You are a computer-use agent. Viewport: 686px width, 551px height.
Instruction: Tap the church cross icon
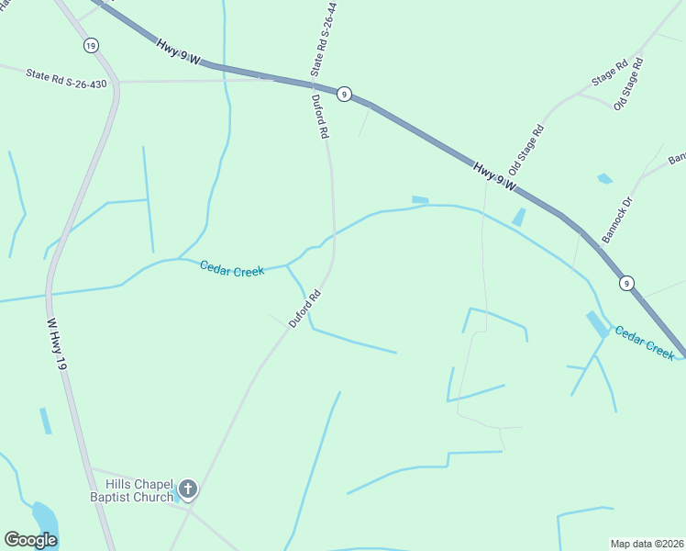pyautogui.click(x=188, y=489)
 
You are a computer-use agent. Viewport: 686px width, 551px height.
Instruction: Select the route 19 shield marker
pyautogui.click(x=90, y=45)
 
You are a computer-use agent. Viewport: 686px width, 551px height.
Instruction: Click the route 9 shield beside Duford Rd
pyautogui.click(x=343, y=94)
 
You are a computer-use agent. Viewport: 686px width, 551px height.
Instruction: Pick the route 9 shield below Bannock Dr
pyautogui.click(x=625, y=284)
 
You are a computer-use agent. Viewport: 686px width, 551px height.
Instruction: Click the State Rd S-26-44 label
pyautogui.click(x=324, y=38)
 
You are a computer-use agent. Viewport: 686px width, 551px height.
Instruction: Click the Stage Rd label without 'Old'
pyautogui.click(x=610, y=73)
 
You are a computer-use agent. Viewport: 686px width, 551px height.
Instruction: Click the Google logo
pyautogui.click(x=30, y=540)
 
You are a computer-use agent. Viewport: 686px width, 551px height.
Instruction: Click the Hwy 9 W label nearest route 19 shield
pyautogui.click(x=178, y=51)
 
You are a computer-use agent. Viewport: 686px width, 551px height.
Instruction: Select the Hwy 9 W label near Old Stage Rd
pyautogui.click(x=496, y=177)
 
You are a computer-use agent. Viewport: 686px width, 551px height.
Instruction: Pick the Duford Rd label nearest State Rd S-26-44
pyautogui.click(x=320, y=117)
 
